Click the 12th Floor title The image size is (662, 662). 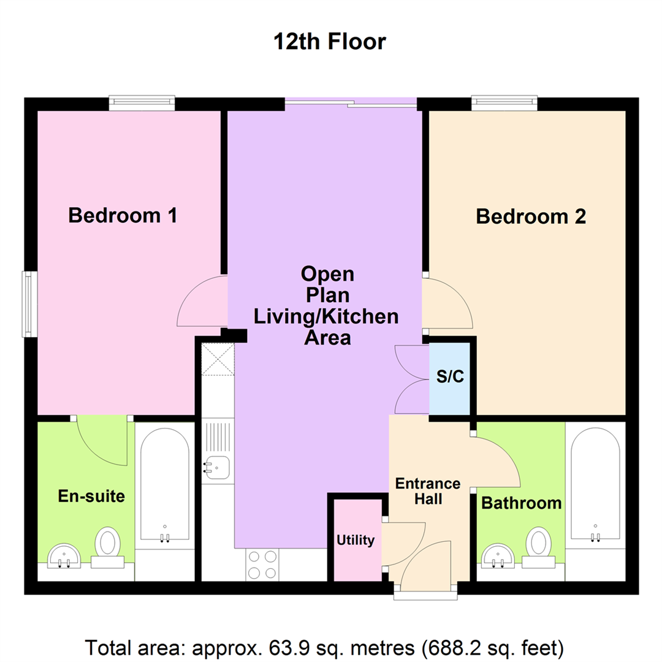point(330,42)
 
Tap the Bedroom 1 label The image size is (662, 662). point(123,215)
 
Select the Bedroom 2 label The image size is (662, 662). point(531,216)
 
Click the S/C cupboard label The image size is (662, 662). point(450,376)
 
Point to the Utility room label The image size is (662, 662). point(356,540)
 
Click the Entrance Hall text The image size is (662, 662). point(428,491)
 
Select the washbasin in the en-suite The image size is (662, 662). point(64,556)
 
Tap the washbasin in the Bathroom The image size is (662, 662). point(498,556)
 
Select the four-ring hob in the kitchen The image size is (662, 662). point(262,565)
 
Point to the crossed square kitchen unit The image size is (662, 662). point(218,359)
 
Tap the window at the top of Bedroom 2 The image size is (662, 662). point(504,103)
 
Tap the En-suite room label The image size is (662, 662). point(91,496)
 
